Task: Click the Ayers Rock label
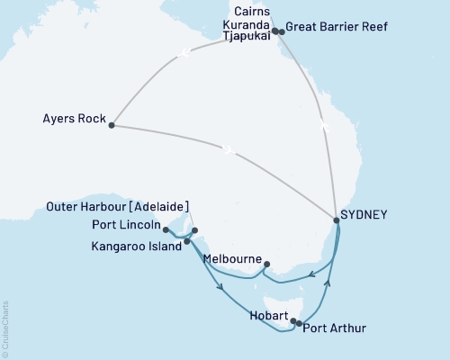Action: (x=72, y=118)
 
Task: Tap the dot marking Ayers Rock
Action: (x=112, y=125)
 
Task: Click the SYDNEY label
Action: (x=364, y=215)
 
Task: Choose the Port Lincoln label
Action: (x=126, y=224)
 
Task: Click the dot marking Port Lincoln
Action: (x=166, y=230)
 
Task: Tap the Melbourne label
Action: (x=232, y=259)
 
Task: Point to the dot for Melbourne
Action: (x=265, y=265)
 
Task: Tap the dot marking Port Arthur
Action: (x=299, y=322)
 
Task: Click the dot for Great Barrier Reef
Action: (x=282, y=32)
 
